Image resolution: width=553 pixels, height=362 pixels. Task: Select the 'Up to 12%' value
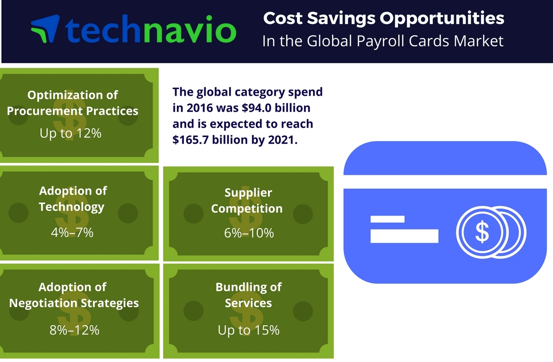(x=70, y=133)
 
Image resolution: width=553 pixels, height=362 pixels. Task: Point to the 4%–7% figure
(x=72, y=232)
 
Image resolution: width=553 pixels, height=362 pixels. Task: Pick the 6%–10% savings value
(x=249, y=233)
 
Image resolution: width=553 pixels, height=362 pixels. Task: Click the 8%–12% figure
(x=74, y=330)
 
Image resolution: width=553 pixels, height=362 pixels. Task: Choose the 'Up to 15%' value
(x=248, y=330)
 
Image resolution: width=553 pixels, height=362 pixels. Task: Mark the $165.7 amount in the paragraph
(x=191, y=140)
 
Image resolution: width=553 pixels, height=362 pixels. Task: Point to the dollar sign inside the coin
(x=482, y=232)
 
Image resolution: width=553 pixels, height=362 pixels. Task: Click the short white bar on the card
(x=387, y=219)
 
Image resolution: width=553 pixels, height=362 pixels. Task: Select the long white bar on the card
(x=405, y=236)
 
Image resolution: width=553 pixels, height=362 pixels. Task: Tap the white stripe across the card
(x=445, y=181)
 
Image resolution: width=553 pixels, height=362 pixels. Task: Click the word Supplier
(x=248, y=193)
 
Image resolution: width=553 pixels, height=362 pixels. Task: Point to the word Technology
(x=72, y=207)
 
